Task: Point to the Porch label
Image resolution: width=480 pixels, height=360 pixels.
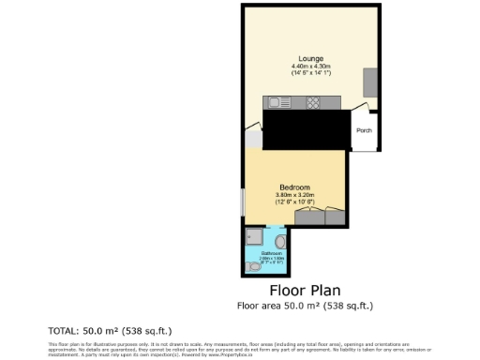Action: (x=364, y=131)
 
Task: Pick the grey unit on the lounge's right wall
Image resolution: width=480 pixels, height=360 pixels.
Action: (x=370, y=82)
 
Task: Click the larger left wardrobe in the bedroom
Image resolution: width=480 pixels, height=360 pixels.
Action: (x=308, y=217)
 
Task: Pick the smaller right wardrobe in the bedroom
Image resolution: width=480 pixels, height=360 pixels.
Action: (x=336, y=217)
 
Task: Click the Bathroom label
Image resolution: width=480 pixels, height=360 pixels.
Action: (x=272, y=254)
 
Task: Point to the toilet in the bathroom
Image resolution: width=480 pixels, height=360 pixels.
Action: (x=257, y=266)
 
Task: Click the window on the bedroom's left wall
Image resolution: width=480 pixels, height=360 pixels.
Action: (x=244, y=202)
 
